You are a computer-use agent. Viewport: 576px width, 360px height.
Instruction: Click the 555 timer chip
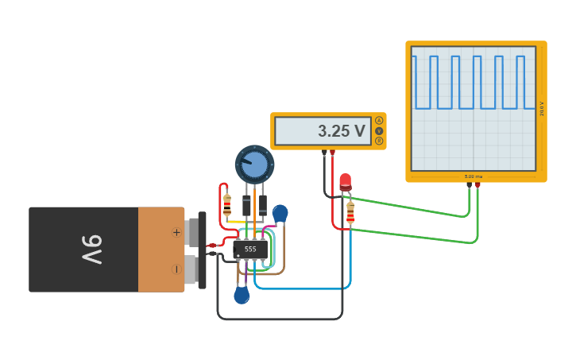coord(250,249)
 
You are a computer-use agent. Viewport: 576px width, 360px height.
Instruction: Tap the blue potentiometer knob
coord(254,165)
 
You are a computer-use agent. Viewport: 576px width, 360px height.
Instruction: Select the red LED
coord(345,182)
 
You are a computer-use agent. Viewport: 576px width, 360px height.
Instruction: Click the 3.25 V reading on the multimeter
coord(342,131)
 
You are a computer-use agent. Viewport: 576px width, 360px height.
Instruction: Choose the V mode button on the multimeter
coord(379,131)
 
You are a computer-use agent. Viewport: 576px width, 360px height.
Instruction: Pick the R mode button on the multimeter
coord(379,141)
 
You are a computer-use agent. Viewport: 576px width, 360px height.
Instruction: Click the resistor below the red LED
coord(350,213)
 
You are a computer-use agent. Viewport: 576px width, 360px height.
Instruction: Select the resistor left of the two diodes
coord(227,204)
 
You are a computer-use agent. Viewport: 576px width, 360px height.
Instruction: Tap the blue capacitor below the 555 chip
coord(242,296)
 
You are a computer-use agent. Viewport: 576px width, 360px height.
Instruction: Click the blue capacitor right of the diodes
coord(280,213)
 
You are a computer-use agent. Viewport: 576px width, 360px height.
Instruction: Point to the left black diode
coord(247,204)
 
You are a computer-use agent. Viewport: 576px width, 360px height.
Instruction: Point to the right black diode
coord(262,204)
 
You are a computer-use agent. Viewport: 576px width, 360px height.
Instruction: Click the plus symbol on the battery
coord(176,232)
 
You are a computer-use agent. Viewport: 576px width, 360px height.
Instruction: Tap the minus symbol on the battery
coord(176,269)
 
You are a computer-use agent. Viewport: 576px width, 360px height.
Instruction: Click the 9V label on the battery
coord(91,250)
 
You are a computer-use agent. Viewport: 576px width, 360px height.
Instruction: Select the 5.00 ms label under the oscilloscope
coord(474,176)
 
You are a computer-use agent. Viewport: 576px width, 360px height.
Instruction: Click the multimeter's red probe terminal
coord(333,153)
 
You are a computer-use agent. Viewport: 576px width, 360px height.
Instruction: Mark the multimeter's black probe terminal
coord(324,153)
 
